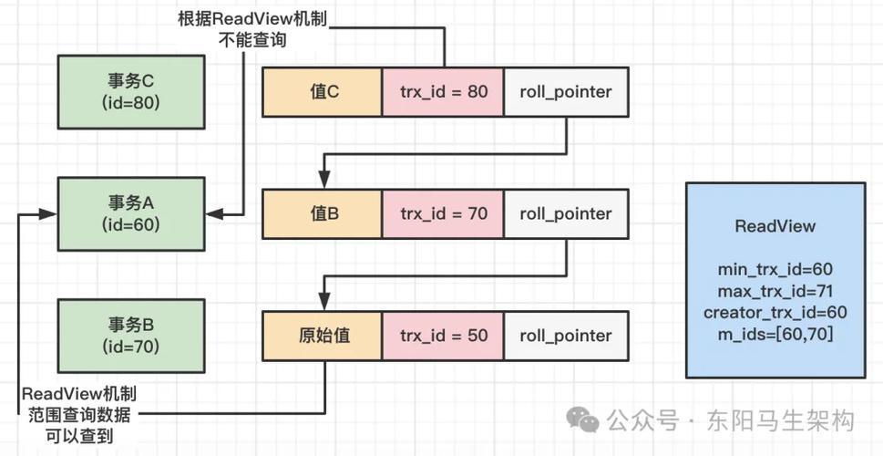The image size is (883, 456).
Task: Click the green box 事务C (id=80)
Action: pyautogui.click(x=131, y=91)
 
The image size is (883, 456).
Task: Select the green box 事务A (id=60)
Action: pyautogui.click(x=131, y=213)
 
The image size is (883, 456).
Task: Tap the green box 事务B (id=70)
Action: pyautogui.click(x=131, y=335)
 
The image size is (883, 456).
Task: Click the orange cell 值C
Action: pyautogui.click(x=322, y=92)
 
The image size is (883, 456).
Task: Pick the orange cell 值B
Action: pyautogui.click(x=322, y=214)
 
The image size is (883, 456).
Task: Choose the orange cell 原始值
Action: pyautogui.click(x=322, y=336)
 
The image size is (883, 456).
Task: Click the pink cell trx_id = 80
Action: pyautogui.click(x=443, y=92)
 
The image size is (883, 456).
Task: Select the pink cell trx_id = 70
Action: pyautogui.click(x=443, y=214)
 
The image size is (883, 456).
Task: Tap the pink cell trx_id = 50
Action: pyautogui.click(x=443, y=336)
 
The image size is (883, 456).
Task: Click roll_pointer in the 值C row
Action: pyautogui.click(x=565, y=92)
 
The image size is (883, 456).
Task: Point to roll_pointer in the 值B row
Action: pyautogui.click(x=565, y=214)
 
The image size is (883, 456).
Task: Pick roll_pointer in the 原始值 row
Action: pyautogui.click(x=565, y=336)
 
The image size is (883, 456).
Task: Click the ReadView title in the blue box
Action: pyautogui.click(x=775, y=227)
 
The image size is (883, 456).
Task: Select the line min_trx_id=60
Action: pyautogui.click(x=775, y=270)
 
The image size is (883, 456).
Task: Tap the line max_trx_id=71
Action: pyautogui.click(x=775, y=292)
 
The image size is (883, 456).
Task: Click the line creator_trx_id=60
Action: pyautogui.click(x=775, y=313)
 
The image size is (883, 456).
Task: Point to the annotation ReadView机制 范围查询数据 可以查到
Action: pyautogui.click(x=79, y=415)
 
